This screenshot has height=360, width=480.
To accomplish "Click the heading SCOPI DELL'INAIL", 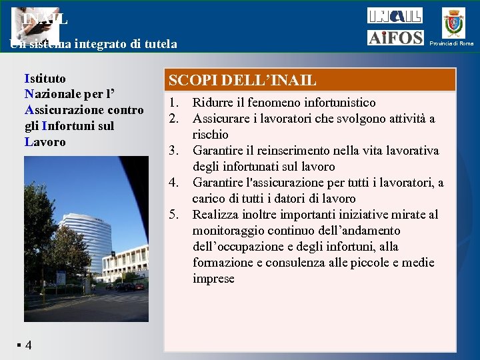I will (x=242, y=81).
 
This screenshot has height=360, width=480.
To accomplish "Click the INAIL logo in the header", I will (x=395, y=15).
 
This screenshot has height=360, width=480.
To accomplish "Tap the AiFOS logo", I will (x=395, y=38).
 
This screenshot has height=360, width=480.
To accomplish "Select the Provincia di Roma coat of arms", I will (x=455, y=23).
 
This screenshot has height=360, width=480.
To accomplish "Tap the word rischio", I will (x=211, y=135).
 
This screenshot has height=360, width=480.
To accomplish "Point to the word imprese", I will (x=213, y=279).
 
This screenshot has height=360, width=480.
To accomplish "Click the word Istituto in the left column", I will (x=45, y=78).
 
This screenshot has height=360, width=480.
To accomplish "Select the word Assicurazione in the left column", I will (x=64, y=110).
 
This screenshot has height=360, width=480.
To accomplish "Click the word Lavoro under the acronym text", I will (x=45, y=142).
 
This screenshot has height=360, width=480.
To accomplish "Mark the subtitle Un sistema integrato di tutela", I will (x=93, y=45).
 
